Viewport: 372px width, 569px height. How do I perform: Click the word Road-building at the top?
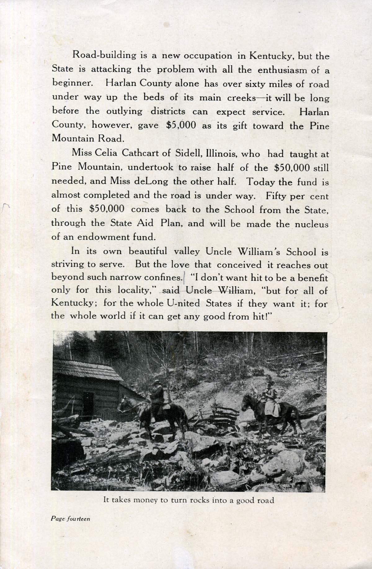point(104,56)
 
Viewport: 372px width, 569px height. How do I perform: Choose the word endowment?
point(103,237)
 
